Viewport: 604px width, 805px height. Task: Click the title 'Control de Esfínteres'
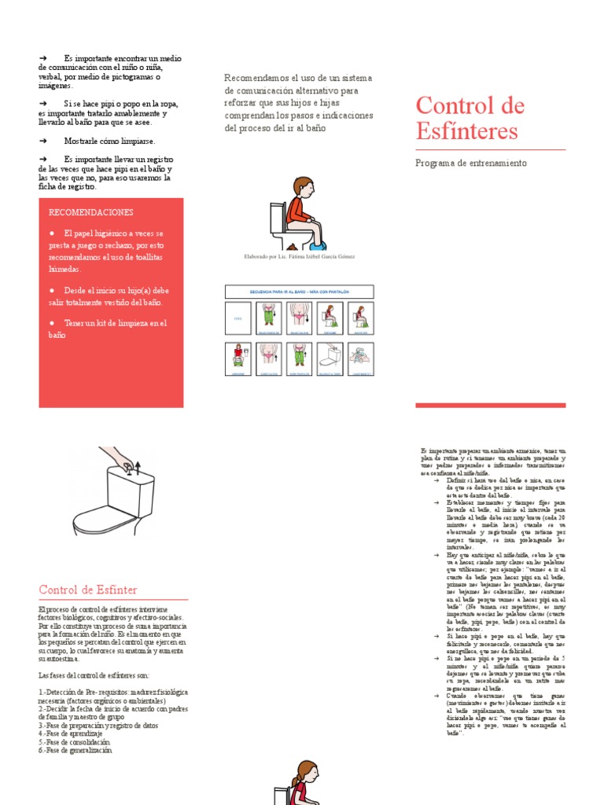tap(470, 117)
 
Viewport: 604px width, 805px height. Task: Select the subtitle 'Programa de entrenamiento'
tap(470, 164)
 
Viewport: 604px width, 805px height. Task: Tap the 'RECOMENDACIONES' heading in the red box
tap(91, 212)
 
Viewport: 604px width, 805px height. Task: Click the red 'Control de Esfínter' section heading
tap(88, 590)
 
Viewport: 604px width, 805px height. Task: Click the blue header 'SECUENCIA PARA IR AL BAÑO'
tap(299, 292)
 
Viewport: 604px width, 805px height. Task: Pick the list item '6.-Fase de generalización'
tap(75, 751)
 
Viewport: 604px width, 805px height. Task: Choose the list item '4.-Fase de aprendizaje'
tap(71, 733)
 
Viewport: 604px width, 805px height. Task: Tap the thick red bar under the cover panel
tap(490, 406)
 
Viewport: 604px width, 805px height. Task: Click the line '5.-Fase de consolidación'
tap(74, 741)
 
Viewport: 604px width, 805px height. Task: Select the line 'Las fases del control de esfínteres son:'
tap(94, 675)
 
